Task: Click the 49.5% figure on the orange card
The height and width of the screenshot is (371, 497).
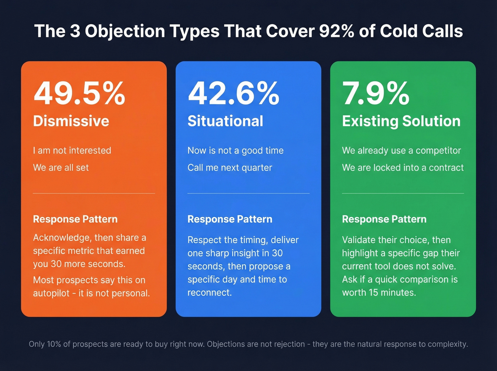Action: pyautogui.click(x=79, y=93)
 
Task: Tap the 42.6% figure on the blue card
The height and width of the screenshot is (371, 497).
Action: pyautogui.click(x=234, y=93)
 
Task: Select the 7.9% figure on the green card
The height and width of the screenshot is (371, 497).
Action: pyautogui.click(x=376, y=93)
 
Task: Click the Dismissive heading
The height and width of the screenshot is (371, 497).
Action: pyautogui.click(x=71, y=121)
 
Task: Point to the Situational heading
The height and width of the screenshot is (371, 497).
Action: pyautogui.click(x=225, y=121)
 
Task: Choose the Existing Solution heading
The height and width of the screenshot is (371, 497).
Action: pyautogui.click(x=401, y=121)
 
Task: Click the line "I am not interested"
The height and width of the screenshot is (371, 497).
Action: pyautogui.click(x=72, y=151)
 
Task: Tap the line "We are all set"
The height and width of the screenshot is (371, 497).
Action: pyautogui.click(x=61, y=168)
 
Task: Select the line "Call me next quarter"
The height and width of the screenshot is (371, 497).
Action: pyautogui.click(x=230, y=168)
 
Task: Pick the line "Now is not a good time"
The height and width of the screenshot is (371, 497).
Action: pyautogui.click(x=235, y=151)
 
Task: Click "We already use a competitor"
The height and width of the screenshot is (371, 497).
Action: pyautogui.click(x=401, y=151)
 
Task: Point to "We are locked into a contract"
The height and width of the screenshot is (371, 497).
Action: pyautogui.click(x=403, y=168)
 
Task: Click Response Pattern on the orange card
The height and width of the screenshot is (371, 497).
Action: pyautogui.click(x=75, y=219)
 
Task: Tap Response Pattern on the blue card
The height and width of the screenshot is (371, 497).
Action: pyautogui.click(x=230, y=219)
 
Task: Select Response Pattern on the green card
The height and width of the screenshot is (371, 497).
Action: pyautogui.click(x=384, y=219)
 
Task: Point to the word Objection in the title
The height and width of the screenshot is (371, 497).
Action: pyautogui.click(x=125, y=31)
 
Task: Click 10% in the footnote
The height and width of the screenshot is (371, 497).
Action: pyautogui.click(x=54, y=344)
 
